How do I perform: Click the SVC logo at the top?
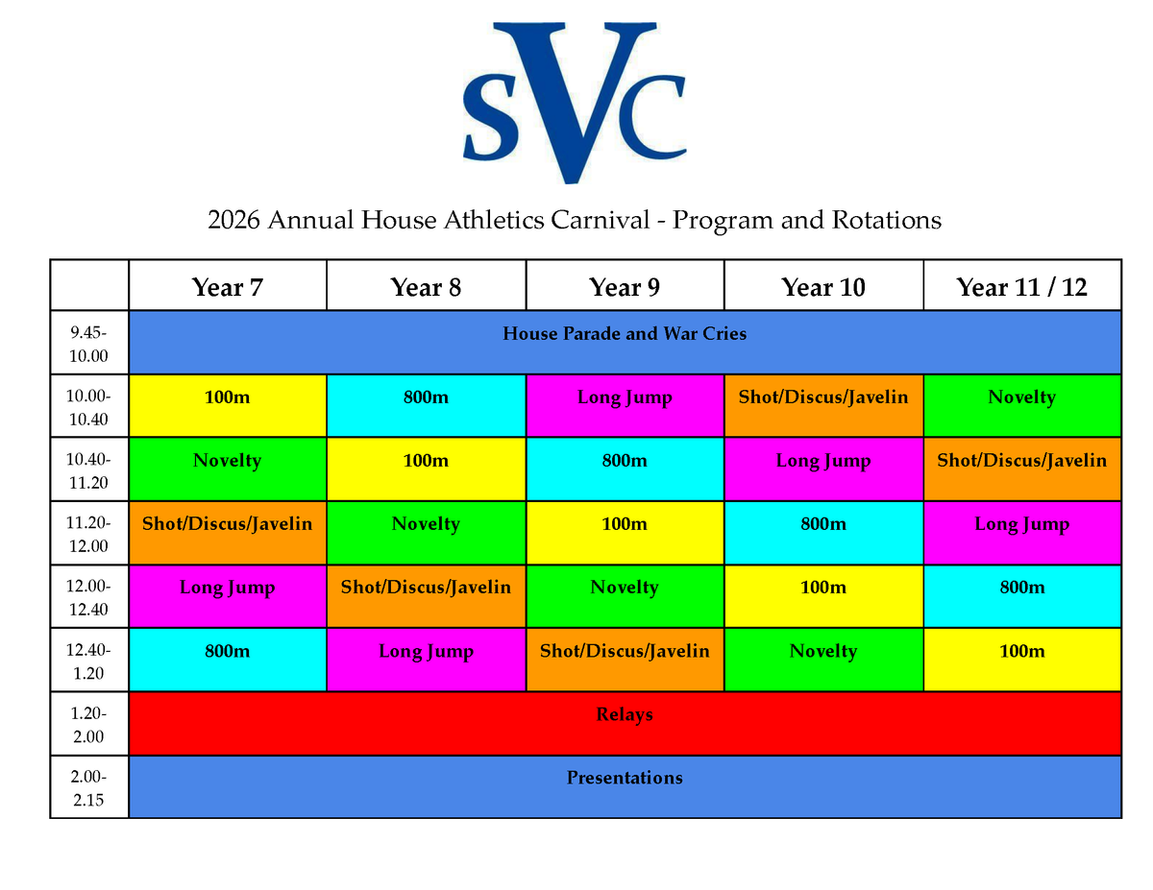(x=575, y=103)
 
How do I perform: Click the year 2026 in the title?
(x=233, y=220)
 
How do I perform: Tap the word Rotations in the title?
(x=886, y=220)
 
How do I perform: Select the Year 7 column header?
(x=227, y=287)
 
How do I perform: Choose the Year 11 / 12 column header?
(x=1021, y=287)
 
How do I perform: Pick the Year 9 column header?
(x=624, y=287)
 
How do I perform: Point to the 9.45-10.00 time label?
(x=88, y=344)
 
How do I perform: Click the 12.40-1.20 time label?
(x=88, y=661)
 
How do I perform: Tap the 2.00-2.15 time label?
(x=88, y=787)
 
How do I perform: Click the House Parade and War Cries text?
(x=625, y=333)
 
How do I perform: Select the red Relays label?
(x=625, y=714)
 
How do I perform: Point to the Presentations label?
(x=625, y=778)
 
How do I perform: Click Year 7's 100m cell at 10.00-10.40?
(x=227, y=405)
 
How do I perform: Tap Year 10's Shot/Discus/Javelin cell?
(x=823, y=405)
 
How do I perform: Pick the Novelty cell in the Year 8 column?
(x=426, y=533)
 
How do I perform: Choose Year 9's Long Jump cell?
(x=625, y=405)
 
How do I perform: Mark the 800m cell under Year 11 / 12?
(x=1022, y=596)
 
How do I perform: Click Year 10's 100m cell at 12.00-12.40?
(x=823, y=596)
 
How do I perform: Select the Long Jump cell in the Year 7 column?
(x=227, y=596)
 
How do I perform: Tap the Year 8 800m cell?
(x=426, y=405)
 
